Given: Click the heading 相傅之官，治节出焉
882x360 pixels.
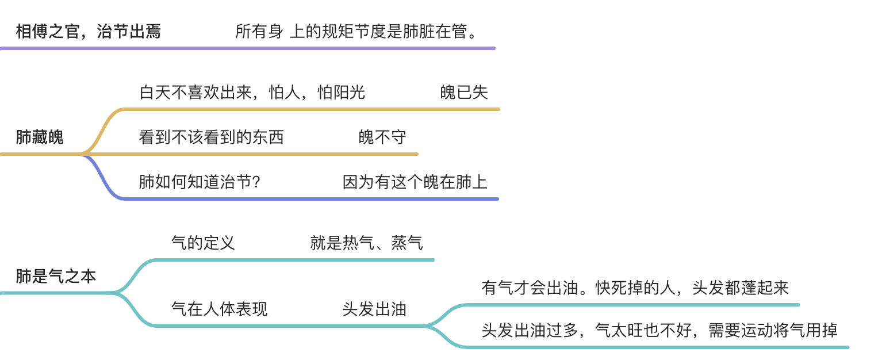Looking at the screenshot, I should [x=88, y=31].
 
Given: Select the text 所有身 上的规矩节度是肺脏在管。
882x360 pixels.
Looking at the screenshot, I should [x=356, y=31].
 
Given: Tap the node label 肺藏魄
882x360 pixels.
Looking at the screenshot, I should [x=40, y=137].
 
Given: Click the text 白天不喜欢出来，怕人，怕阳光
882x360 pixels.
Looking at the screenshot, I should [x=252, y=92].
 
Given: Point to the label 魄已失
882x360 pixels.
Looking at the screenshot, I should [x=464, y=92].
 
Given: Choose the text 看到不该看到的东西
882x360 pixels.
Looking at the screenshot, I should [x=212, y=137].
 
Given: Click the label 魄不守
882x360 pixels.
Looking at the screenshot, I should [x=382, y=137].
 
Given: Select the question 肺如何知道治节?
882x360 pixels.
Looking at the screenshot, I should [x=200, y=182].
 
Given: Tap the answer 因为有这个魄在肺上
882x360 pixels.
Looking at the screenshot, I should [x=415, y=182].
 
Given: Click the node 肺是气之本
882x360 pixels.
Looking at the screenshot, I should [x=56, y=277].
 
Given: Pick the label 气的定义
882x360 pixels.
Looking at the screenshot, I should [x=203, y=243].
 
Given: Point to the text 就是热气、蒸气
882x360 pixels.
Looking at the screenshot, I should [x=366, y=243].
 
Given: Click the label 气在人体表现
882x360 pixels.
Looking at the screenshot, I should [x=219, y=309].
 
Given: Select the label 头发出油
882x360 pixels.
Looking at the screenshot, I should [x=374, y=309].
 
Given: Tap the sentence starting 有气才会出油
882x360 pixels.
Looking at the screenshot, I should [x=635, y=288].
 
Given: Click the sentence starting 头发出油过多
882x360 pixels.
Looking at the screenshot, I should [x=659, y=330].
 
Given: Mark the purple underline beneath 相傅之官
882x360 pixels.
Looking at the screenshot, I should [x=247, y=48].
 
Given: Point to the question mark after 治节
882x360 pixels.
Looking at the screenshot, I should [x=257, y=182].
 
